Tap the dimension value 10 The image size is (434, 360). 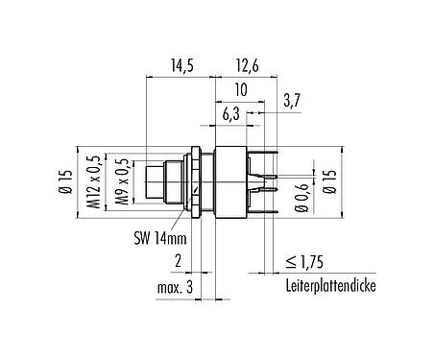pos(238,89)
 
